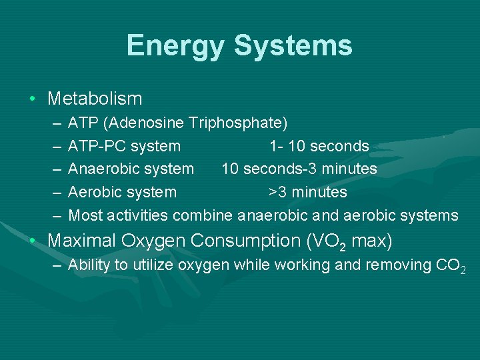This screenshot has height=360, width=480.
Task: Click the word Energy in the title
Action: [x=177, y=45]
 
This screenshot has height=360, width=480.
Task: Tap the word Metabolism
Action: [x=95, y=99]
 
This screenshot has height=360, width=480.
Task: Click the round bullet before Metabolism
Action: [x=33, y=99]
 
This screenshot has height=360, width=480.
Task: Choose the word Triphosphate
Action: [x=237, y=123]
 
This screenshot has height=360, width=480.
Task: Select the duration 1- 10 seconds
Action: [x=319, y=146]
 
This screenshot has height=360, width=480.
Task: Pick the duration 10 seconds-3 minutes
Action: [x=299, y=169]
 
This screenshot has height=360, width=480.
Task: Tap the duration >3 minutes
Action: [x=307, y=192]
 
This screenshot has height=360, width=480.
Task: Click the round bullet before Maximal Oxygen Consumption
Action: [x=33, y=240]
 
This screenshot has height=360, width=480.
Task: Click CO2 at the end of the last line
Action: [x=451, y=265]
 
